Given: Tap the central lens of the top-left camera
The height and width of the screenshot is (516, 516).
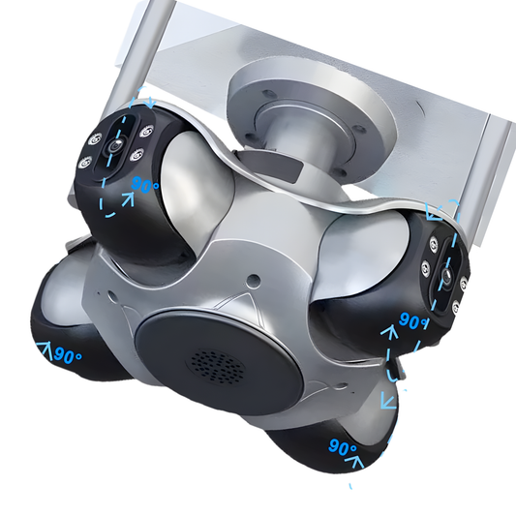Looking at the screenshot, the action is [115, 145].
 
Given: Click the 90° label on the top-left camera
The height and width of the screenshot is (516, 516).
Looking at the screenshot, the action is [144, 185].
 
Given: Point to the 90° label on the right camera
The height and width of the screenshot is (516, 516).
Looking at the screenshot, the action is [413, 320].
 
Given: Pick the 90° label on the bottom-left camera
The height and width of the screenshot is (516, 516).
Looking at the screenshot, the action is [68, 355].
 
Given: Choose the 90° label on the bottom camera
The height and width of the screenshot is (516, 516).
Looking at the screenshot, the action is [343, 447].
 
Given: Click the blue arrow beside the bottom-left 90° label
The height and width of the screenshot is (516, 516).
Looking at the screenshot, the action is [46, 350].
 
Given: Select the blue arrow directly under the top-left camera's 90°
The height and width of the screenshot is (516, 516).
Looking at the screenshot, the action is [129, 199].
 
